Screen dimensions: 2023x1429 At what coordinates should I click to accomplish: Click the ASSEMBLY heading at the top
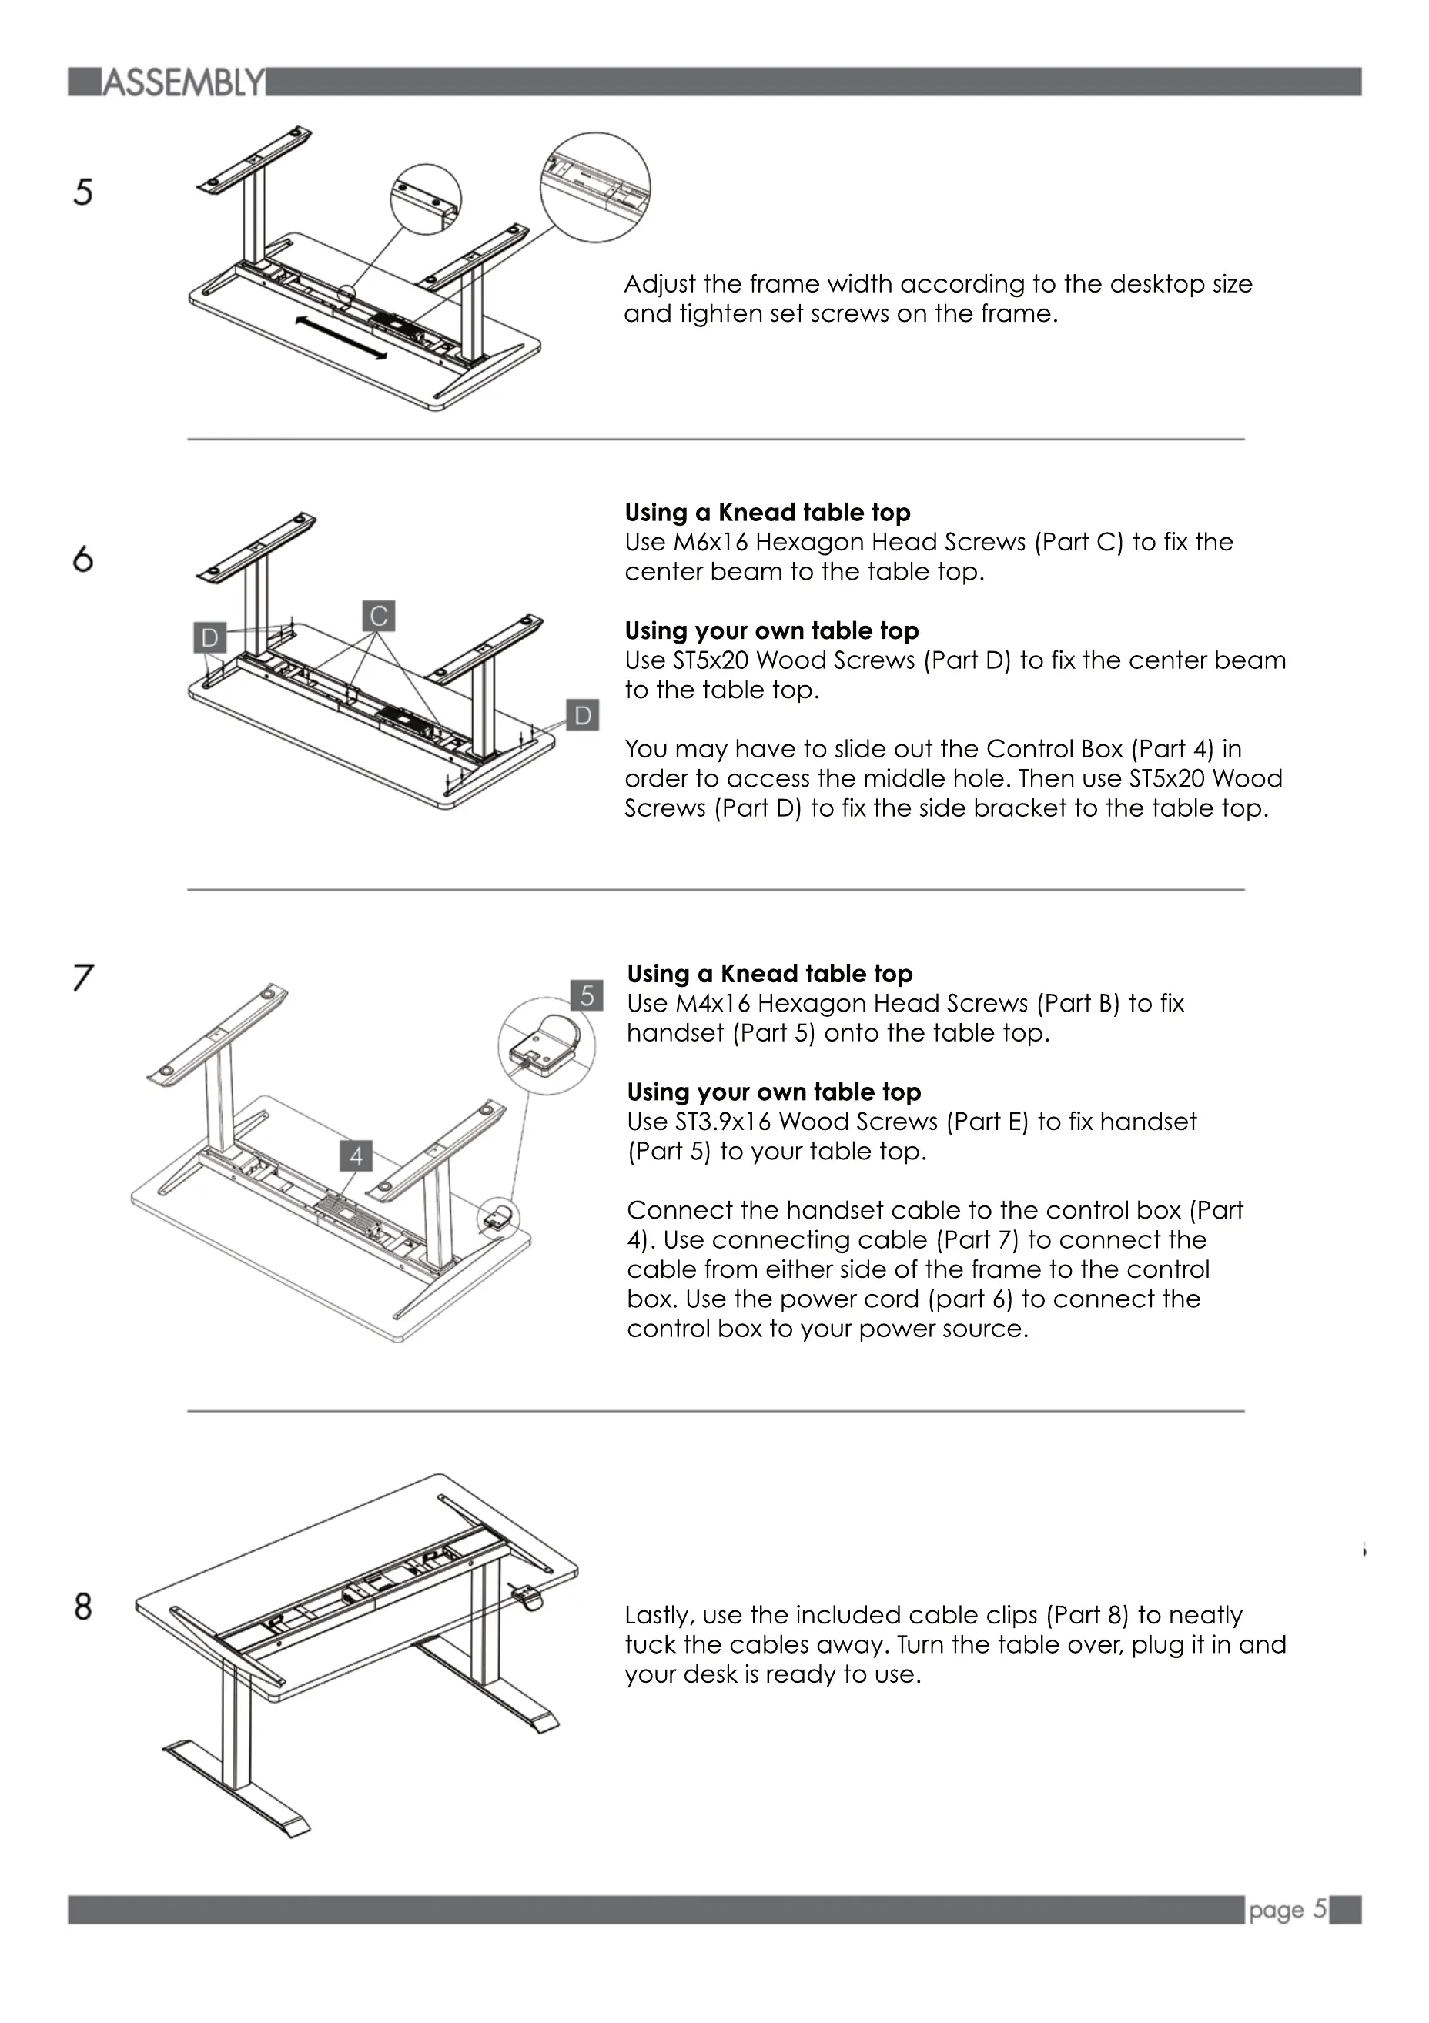point(183,83)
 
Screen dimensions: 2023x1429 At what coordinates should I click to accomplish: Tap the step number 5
point(83,192)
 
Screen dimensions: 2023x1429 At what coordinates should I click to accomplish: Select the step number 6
point(83,560)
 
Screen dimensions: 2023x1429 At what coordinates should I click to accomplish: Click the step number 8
point(83,1607)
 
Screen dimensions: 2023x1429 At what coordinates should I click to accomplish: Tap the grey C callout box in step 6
point(379,616)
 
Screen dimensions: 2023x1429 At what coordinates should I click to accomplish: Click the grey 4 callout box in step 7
point(356,1156)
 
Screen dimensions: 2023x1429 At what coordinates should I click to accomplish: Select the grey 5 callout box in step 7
point(587,995)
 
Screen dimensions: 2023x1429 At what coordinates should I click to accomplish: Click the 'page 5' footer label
point(1287,1909)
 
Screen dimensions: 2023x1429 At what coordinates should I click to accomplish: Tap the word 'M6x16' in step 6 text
point(710,542)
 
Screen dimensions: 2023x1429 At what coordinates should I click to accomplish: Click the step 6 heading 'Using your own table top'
point(771,631)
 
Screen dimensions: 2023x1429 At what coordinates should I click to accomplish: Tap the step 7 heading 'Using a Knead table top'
point(769,974)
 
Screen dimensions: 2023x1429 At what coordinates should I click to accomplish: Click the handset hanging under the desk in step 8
point(527,1596)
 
